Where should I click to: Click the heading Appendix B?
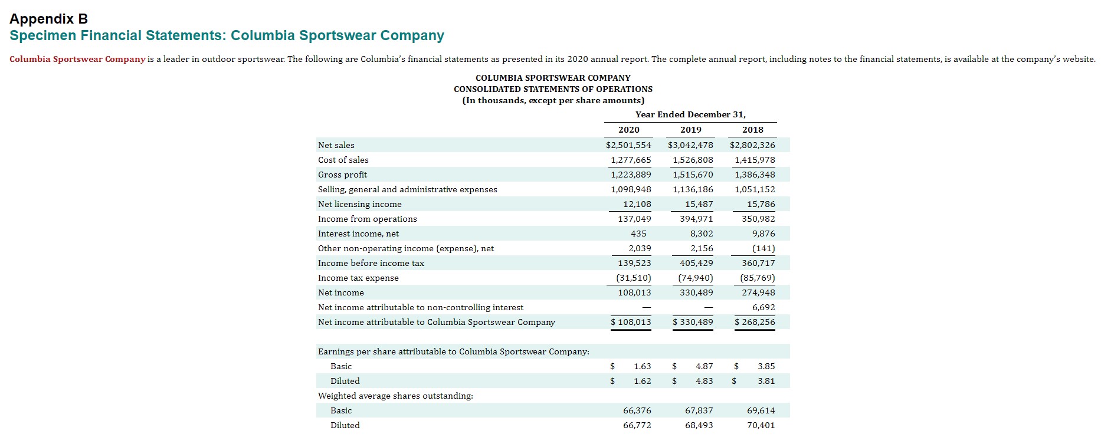(x=48, y=19)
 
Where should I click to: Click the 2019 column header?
(x=690, y=130)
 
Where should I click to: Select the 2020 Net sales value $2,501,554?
(x=628, y=145)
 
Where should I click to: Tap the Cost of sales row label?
(x=343, y=160)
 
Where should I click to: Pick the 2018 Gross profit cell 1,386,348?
(x=755, y=175)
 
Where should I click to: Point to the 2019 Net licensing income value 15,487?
(x=699, y=204)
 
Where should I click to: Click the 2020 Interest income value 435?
(x=638, y=234)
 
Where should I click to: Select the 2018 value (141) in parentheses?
(x=764, y=248)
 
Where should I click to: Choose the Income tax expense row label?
(x=358, y=278)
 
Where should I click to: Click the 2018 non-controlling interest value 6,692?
(x=764, y=307)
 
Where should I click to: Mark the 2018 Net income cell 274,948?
(x=758, y=292)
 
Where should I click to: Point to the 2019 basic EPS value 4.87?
(x=704, y=366)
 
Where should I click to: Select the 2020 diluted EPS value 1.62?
(x=643, y=381)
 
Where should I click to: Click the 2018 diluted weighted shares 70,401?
(x=761, y=425)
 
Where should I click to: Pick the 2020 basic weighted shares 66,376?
(x=637, y=410)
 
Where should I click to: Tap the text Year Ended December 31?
(x=690, y=114)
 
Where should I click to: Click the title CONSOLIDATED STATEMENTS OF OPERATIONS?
(x=553, y=89)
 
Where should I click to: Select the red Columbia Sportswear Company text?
(x=77, y=59)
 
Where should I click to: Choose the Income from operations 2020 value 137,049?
(x=635, y=219)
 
